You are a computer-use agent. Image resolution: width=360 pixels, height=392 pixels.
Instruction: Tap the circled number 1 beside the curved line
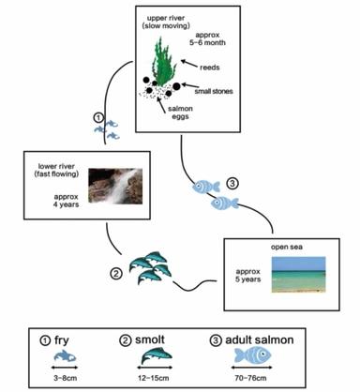tap(100, 118)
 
